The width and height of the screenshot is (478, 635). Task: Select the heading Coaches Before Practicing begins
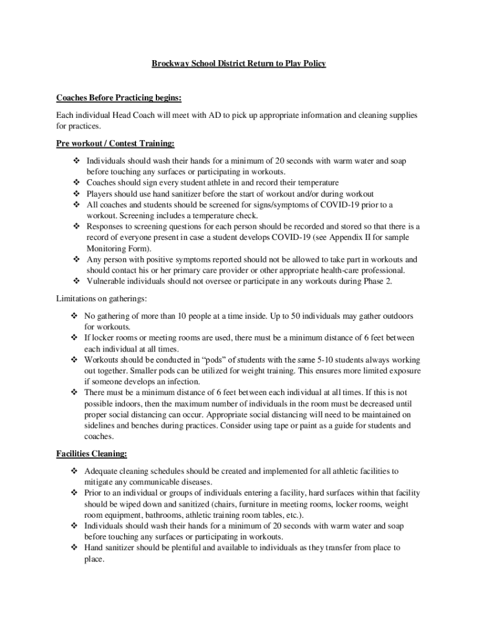pos(119,98)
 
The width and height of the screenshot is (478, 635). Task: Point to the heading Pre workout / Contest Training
pos(115,144)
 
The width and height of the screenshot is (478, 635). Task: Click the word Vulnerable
pos(107,281)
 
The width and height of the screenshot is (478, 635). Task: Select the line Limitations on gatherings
pos(102,298)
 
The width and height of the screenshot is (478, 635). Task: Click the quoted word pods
pos(212,360)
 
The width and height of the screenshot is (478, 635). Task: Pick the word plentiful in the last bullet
pos(181,548)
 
